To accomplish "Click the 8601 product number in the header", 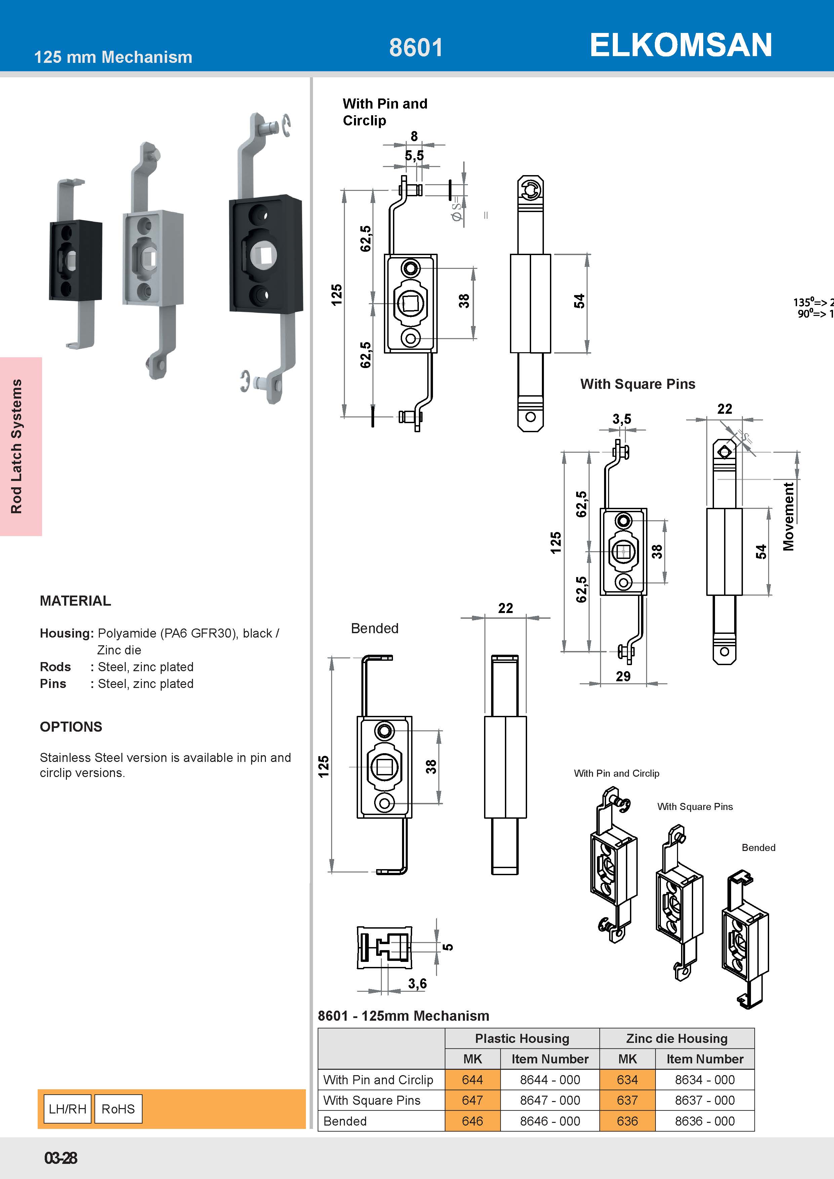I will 415,48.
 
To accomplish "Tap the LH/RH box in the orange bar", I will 67,1109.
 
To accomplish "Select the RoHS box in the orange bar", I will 118,1109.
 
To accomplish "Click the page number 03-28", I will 61,1158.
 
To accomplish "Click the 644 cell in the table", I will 472,1080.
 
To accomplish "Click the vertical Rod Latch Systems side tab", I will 17,446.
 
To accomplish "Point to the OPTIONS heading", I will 71,727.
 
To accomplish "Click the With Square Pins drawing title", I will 637,384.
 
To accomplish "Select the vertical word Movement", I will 788,516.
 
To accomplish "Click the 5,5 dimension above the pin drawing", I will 414,156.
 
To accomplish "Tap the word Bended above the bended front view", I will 374,628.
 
